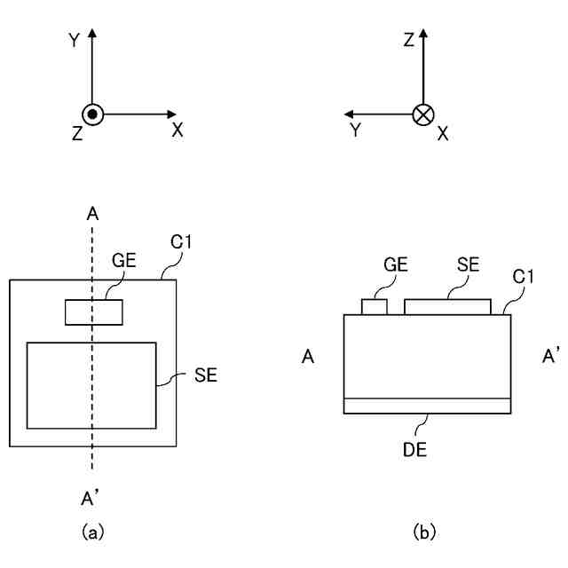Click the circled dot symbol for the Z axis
(x=93, y=114)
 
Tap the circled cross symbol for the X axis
(x=424, y=114)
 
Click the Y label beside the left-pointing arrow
(x=355, y=130)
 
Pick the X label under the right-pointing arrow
(x=177, y=130)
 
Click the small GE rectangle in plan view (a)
(x=93, y=312)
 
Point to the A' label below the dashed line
(x=92, y=494)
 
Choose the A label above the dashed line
(x=92, y=213)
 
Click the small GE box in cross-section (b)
(x=375, y=307)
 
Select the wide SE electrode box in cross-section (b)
(x=447, y=306)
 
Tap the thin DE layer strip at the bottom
(x=427, y=406)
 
